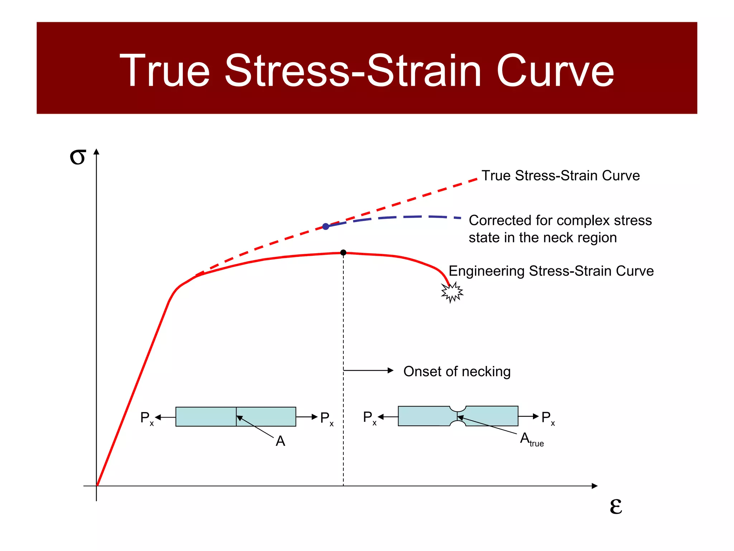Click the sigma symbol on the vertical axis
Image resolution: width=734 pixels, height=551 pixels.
(x=77, y=157)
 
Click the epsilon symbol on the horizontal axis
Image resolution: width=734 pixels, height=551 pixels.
(x=616, y=507)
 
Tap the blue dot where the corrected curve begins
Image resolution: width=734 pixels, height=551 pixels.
(x=325, y=226)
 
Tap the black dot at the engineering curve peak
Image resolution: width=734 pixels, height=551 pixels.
(x=343, y=253)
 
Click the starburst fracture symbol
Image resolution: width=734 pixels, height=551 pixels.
(x=452, y=292)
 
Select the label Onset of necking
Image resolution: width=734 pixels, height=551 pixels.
(x=457, y=372)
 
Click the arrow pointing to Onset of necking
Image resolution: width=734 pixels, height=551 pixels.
(x=369, y=371)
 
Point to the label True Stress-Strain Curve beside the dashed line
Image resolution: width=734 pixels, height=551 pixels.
(x=560, y=176)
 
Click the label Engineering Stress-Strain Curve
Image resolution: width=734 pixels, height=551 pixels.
(x=551, y=271)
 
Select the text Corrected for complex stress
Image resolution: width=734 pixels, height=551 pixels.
(x=560, y=221)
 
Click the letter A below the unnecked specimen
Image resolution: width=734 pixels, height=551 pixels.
(x=280, y=441)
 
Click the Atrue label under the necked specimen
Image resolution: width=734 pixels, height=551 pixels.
(x=532, y=439)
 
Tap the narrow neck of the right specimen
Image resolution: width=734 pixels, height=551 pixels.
(x=457, y=416)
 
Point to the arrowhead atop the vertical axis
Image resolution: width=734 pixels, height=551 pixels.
(x=96, y=151)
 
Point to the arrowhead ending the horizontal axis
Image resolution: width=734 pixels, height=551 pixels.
(x=595, y=486)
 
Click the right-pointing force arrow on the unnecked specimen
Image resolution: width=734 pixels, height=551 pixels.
(x=307, y=417)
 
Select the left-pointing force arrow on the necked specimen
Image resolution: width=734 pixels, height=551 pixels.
(x=388, y=417)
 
